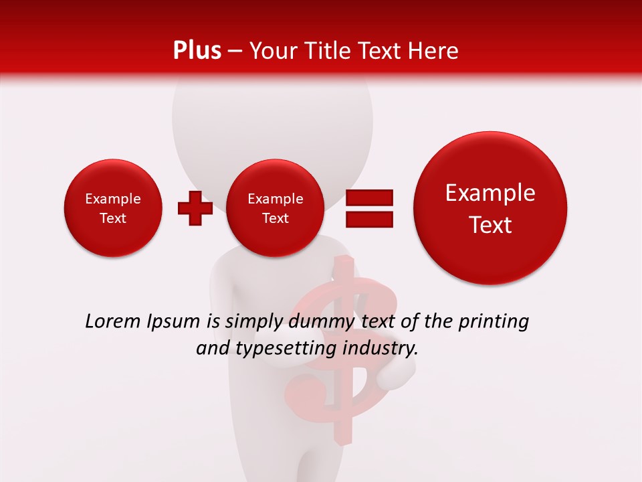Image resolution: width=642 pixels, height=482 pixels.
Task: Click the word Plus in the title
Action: tap(197, 51)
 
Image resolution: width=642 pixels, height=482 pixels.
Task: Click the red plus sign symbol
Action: tap(195, 208)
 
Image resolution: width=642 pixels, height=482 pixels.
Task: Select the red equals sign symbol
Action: tap(368, 208)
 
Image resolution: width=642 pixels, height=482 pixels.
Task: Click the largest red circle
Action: tap(490, 208)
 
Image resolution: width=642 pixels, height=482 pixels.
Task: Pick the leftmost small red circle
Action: tap(113, 208)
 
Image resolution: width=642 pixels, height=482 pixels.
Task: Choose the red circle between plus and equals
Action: tap(275, 208)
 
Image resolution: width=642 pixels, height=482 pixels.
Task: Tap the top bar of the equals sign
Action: tap(368, 197)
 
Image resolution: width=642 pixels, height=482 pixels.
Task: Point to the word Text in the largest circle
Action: tap(490, 225)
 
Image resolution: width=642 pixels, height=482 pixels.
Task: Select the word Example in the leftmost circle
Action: tap(113, 199)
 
